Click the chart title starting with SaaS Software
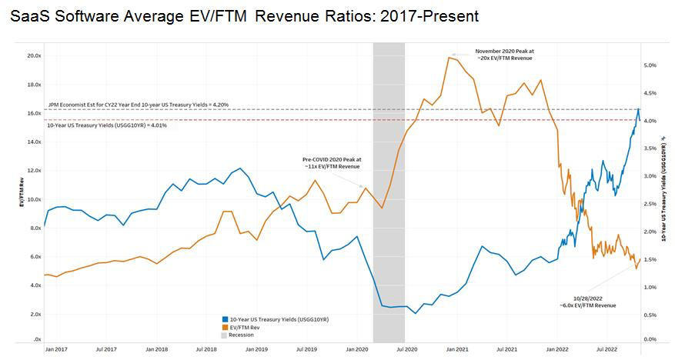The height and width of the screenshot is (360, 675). (245, 15)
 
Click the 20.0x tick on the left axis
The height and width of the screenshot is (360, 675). (32, 56)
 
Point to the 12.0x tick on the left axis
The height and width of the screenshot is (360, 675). (32, 171)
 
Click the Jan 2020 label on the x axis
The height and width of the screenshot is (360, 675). (356, 349)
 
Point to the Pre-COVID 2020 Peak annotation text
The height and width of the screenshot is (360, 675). (332, 162)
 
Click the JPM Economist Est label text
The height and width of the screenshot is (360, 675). (127, 104)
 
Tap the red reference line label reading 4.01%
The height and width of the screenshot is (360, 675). (107, 125)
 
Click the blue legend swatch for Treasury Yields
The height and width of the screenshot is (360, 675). (224, 318)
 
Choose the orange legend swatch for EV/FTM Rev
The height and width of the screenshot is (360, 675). (224, 327)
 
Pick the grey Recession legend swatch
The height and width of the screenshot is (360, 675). (224, 335)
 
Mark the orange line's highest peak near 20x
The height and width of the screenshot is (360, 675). (449, 57)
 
